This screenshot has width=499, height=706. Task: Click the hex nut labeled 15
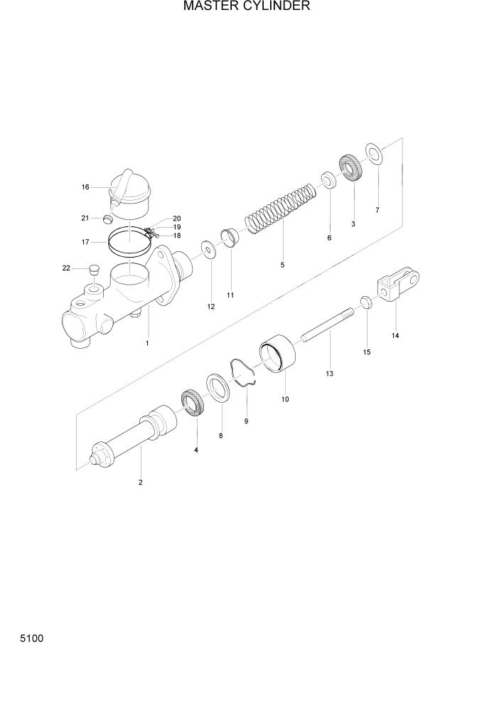pyautogui.click(x=366, y=302)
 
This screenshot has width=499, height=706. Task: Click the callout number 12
pyautogui.click(x=210, y=307)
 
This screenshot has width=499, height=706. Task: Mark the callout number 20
pyautogui.click(x=177, y=218)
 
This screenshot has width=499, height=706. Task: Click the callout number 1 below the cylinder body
pyautogui.click(x=147, y=343)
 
